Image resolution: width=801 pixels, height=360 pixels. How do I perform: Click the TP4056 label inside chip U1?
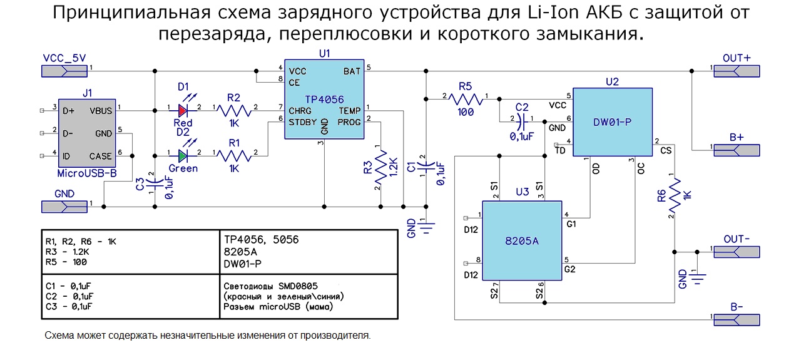[x=324, y=98]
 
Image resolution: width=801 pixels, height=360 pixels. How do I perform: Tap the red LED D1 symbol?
[x=183, y=111]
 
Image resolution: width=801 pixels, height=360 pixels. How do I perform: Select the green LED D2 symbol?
[x=183, y=155]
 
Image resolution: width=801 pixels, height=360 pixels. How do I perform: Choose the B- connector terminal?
[x=737, y=319]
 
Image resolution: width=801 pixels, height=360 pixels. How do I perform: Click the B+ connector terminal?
[x=737, y=150]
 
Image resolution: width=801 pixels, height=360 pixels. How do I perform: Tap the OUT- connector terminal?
[x=737, y=252]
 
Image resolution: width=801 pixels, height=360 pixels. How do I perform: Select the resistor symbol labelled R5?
[x=466, y=98]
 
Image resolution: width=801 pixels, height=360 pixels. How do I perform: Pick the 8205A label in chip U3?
[x=522, y=239]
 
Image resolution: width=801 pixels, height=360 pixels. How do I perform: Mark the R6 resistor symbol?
[x=674, y=195]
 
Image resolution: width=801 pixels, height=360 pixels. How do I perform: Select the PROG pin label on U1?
[x=349, y=122]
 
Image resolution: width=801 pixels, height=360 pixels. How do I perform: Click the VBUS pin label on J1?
[x=100, y=111]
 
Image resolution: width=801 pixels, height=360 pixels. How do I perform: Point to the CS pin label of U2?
[x=665, y=150]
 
